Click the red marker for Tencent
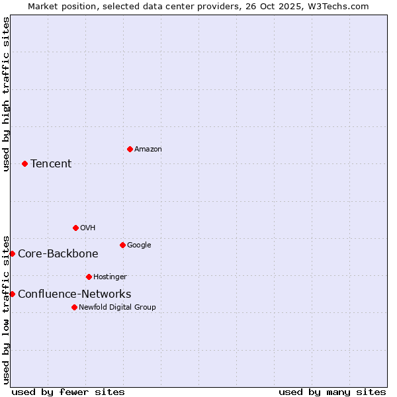point(24,163)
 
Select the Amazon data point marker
point(130,149)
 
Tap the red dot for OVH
point(75,228)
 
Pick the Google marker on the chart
point(122,245)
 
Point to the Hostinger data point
point(89,277)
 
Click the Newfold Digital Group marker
point(74,307)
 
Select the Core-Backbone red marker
point(12,253)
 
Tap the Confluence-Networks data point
point(12,294)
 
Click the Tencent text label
point(51,164)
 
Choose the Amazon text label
point(148,150)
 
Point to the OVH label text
point(88,228)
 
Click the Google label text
point(139,245)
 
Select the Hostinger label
point(110,277)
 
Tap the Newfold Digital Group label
point(117,308)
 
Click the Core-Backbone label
point(58,254)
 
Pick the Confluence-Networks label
point(74,294)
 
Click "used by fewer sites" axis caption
point(68,392)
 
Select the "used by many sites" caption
point(332,392)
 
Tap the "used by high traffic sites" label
point(6,94)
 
